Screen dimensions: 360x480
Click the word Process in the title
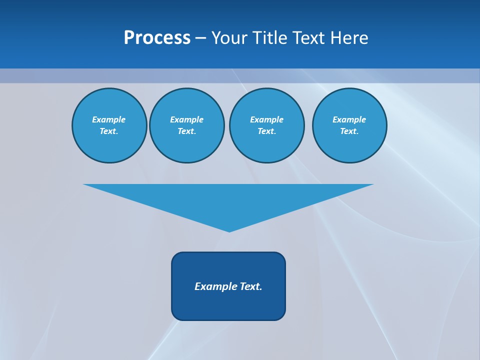click(157, 38)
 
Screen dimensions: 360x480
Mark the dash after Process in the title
click(200, 38)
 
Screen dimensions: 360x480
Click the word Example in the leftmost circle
click(109, 119)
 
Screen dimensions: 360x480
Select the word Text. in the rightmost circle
click(349, 131)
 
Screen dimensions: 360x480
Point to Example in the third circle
click(266, 119)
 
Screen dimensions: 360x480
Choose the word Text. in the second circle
click(186, 131)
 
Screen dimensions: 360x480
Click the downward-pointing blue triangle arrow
click(228, 200)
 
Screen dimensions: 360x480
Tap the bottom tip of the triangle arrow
click(229, 230)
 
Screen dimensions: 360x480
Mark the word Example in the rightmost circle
click(349, 119)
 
